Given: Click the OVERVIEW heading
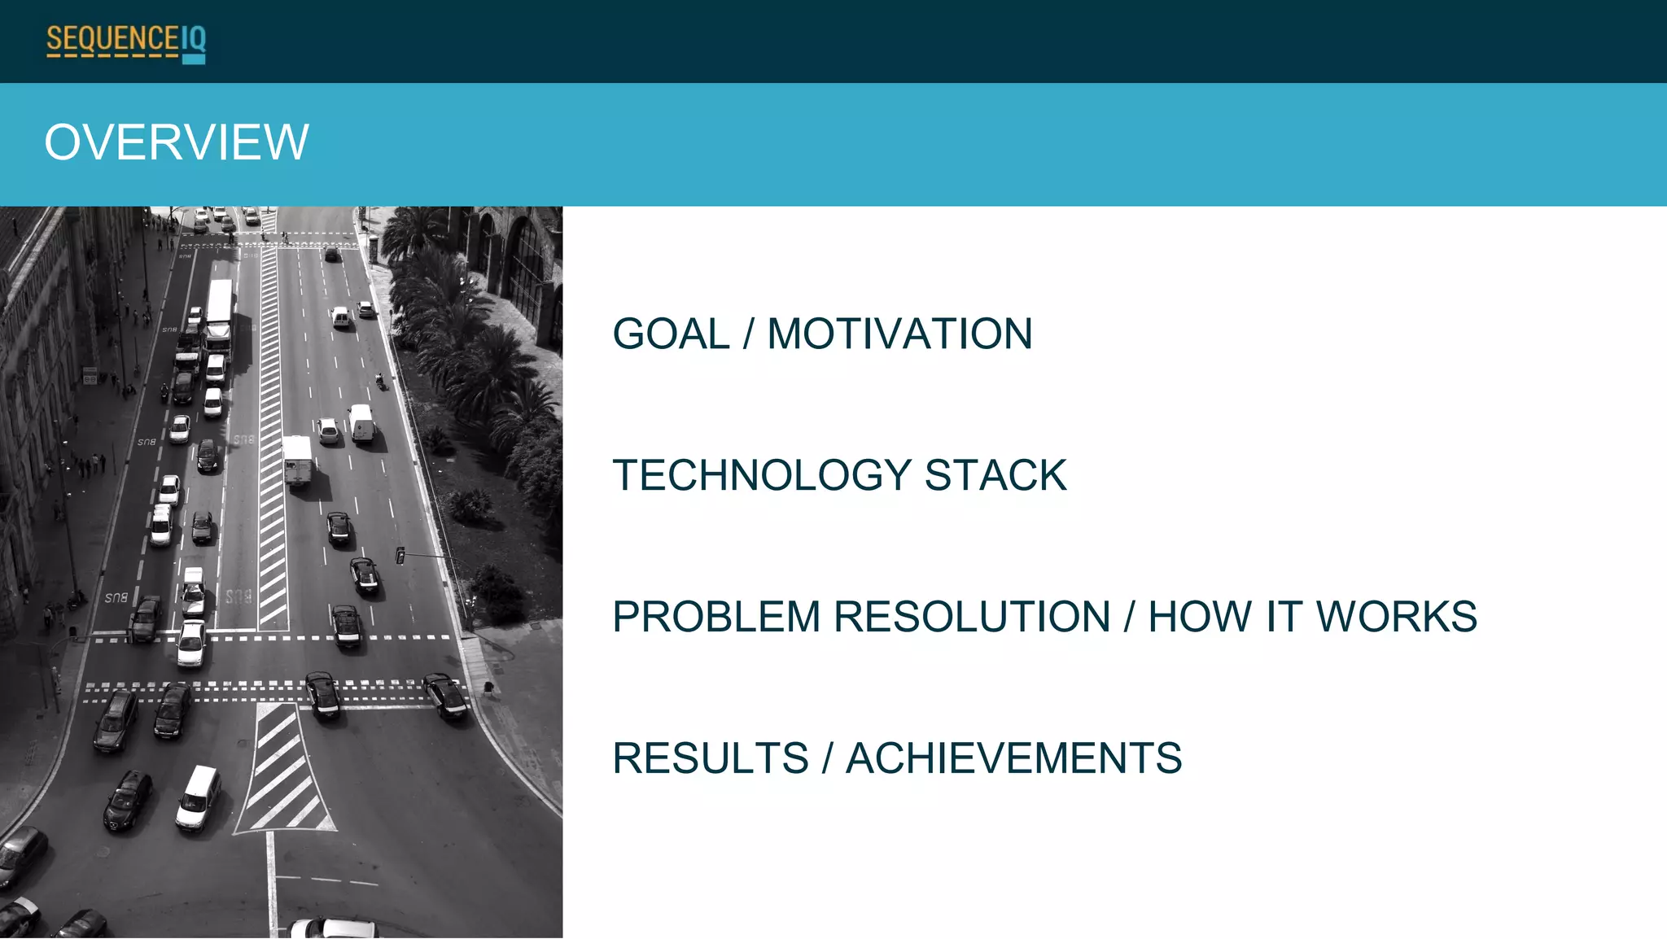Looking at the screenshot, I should pyautogui.click(x=177, y=142).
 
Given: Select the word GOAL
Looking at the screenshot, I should pyautogui.click(x=671, y=334).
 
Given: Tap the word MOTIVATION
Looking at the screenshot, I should pyautogui.click(x=899, y=334).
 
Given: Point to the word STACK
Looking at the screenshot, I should pyautogui.click(x=995, y=475).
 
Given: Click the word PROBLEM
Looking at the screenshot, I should pyautogui.click(x=715, y=617).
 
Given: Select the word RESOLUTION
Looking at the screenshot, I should pyautogui.click(x=972, y=617).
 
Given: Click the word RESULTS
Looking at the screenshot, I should pyautogui.click(x=711, y=758).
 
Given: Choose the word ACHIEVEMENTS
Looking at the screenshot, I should pyautogui.click(x=1013, y=758).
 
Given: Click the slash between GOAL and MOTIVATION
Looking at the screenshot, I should pyautogui.click(x=748, y=334).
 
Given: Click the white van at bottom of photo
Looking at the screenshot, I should pyautogui.click(x=198, y=797).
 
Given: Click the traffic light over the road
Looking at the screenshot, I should pyautogui.click(x=400, y=556).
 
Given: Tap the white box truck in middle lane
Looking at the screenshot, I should pyautogui.click(x=297, y=460).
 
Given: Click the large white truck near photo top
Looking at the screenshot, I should pyautogui.click(x=218, y=313).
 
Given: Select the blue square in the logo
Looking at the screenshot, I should pyautogui.click(x=194, y=59).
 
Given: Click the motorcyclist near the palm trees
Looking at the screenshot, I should pyautogui.click(x=380, y=381).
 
